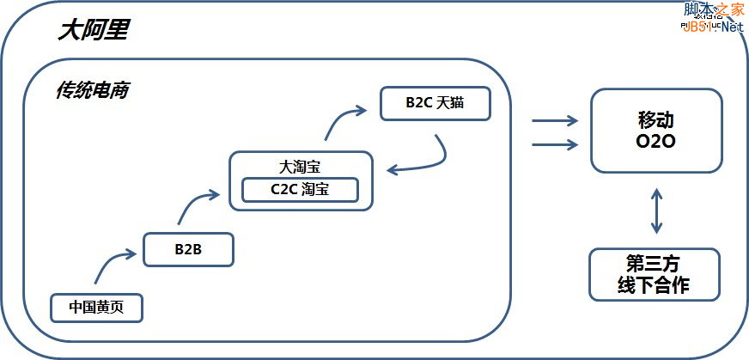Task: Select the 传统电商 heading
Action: point(92,90)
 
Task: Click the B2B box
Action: point(188,249)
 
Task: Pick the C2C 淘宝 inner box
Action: point(300,189)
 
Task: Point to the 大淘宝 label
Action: point(300,165)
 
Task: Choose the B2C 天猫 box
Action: point(435,103)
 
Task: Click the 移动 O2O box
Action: point(656,129)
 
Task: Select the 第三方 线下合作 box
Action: point(655,274)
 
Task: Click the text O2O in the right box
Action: point(656,140)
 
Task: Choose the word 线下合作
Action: point(655,285)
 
